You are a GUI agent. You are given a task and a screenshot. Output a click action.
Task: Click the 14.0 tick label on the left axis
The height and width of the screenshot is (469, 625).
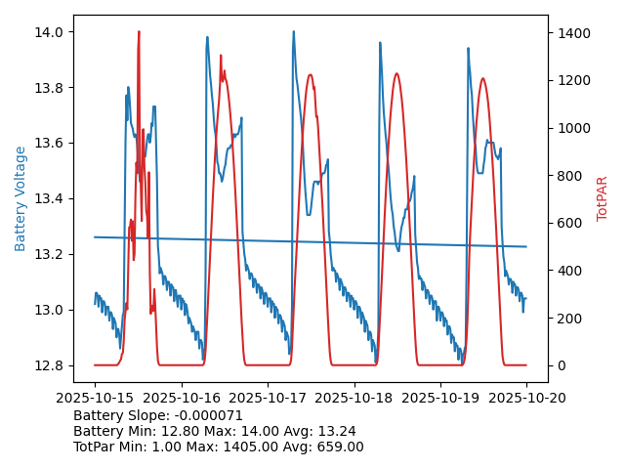50,32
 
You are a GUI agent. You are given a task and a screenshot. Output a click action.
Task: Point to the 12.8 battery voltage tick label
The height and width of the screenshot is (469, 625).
50,365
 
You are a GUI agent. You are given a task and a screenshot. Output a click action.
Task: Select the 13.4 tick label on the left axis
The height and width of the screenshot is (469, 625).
50,199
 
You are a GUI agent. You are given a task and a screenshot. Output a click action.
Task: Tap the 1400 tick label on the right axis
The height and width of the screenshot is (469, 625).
574,32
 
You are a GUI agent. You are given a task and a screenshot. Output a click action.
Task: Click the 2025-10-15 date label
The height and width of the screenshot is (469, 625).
95,398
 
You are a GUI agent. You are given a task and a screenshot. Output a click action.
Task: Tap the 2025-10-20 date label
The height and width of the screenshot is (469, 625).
526,398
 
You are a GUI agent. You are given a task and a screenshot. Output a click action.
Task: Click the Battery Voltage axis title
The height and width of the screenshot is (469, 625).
21,198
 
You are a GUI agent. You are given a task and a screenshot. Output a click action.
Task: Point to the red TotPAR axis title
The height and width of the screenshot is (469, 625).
603,198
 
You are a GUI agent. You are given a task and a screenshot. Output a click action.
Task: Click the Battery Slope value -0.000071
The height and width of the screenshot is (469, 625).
207,415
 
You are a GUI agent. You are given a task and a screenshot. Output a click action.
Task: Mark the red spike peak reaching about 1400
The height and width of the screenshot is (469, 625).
139,32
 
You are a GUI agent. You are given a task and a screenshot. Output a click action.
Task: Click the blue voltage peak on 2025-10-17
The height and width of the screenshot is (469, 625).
293,32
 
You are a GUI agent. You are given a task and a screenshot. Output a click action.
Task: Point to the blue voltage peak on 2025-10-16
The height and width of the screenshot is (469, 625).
207,38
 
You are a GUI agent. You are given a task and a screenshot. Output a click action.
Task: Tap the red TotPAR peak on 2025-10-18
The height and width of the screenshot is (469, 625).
396,74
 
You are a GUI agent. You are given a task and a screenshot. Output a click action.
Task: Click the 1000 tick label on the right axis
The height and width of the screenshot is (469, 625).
574,128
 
